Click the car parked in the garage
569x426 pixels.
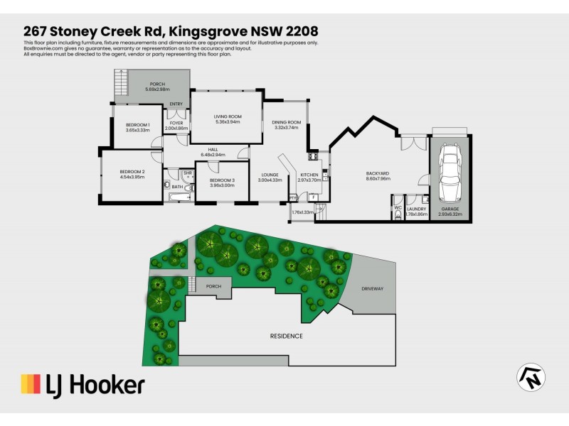point(449,173)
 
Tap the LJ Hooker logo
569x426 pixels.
point(83,384)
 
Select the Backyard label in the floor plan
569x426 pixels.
point(378,173)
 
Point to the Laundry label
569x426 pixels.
point(416,209)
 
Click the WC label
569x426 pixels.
point(398,209)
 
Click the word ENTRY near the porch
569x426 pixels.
point(176,104)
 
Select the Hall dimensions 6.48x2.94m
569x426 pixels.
point(213,154)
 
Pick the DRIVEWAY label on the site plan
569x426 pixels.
point(372,290)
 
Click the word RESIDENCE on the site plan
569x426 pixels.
point(286,336)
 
